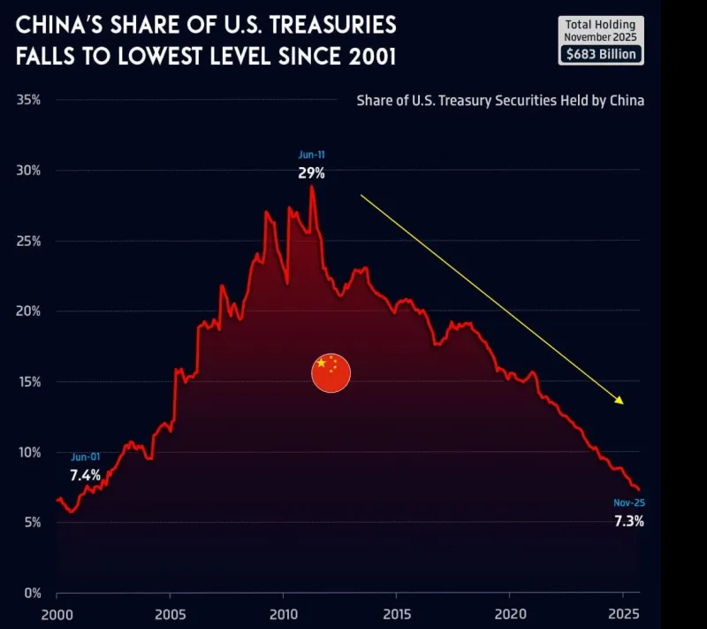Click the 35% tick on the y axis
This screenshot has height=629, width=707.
[28, 100]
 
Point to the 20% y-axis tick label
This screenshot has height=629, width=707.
[28, 311]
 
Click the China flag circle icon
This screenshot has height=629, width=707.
[331, 372]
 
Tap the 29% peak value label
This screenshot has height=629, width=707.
[311, 173]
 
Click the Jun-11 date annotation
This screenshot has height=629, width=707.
[311, 156]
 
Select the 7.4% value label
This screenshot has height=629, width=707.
[86, 475]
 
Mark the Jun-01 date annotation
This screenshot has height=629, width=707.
[86, 457]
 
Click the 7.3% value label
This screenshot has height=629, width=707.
[629, 521]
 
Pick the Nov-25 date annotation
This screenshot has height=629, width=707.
[628, 503]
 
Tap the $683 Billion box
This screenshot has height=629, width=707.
[601, 54]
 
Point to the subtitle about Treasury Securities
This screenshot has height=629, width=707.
[500, 100]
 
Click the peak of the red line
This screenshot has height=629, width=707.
[311, 187]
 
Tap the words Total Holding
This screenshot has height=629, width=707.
[601, 24]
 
